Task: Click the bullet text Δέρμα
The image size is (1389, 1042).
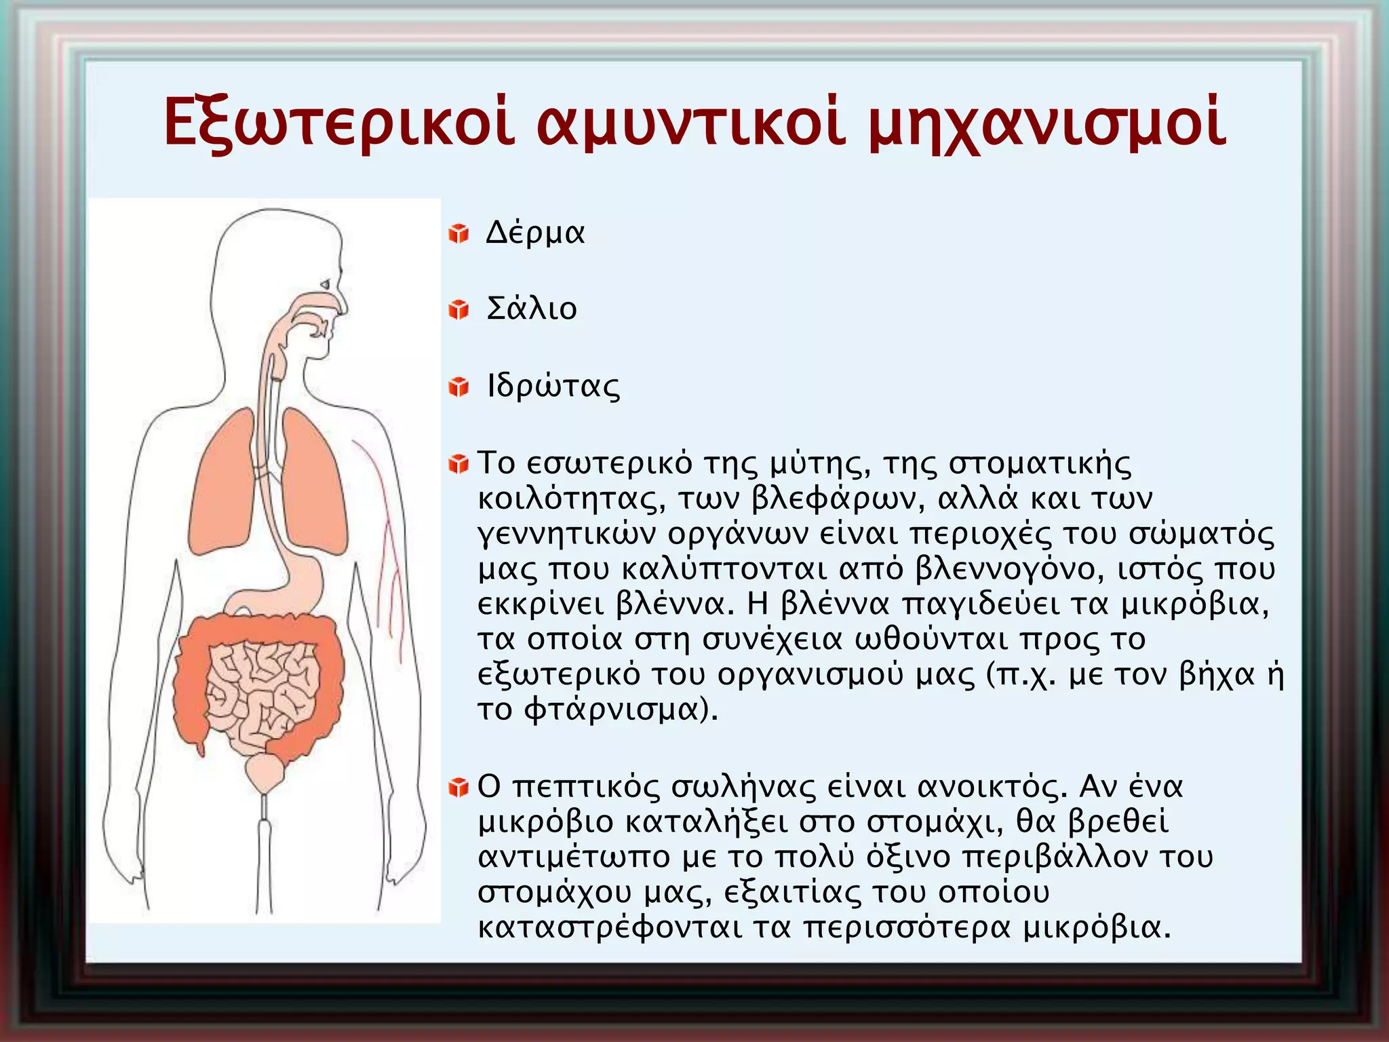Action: pyautogui.click(x=535, y=233)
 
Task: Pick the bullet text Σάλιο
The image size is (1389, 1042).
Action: pyautogui.click(x=532, y=309)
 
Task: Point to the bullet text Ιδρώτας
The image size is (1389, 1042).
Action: pyautogui.click(x=553, y=387)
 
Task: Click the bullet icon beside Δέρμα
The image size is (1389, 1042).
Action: pyautogui.click(x=458, y=234)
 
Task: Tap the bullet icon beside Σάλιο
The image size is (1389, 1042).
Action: pyautogui.click(x=458, y=310)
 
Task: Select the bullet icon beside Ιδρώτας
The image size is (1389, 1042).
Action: pyautogui.click(x=458, y=387)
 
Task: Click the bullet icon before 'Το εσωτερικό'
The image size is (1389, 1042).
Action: pyautogui.click(x=458, y=465)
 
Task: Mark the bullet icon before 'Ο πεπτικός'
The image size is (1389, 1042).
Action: pyautogui.click(x=458, y=788)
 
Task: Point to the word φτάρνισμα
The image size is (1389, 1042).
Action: pyautogui.click(x=614, y=710)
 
